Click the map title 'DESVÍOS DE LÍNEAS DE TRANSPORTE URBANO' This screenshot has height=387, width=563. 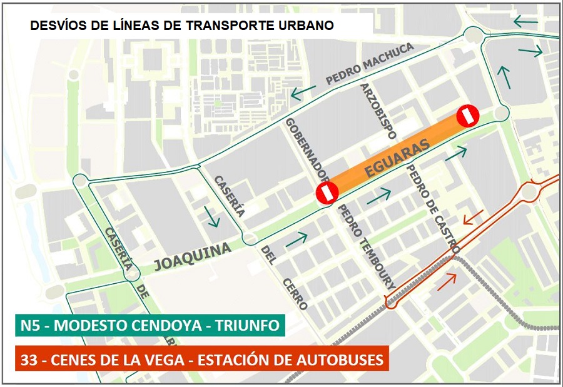182,26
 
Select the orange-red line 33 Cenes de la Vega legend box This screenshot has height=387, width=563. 200,360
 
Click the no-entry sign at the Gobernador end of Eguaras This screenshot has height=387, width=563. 327,193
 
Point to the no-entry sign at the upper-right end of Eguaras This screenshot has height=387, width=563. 467,115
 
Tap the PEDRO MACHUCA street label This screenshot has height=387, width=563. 370,64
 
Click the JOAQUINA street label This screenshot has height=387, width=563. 193,256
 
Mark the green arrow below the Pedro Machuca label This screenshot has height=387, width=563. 303,94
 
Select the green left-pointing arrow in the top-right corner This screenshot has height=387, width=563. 525,22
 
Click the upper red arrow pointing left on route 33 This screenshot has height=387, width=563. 472,218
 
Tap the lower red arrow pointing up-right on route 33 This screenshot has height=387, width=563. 446,281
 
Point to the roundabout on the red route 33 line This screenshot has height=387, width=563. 530,191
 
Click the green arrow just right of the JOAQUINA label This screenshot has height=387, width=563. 296,238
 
